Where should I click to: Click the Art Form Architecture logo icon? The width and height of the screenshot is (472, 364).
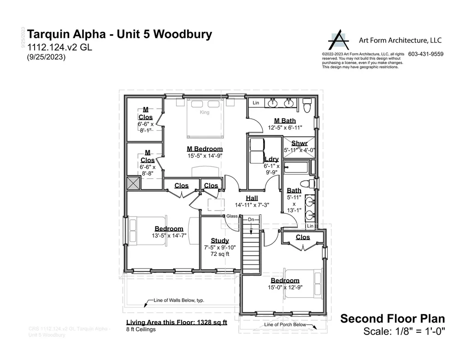[339, 41]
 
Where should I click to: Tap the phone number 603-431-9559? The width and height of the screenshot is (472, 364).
[426, 54]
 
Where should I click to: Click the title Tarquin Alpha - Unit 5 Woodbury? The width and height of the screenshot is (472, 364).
[120, 35]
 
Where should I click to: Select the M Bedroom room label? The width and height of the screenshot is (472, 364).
[205, 149]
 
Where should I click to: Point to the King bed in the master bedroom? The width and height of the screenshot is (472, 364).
[205, 117]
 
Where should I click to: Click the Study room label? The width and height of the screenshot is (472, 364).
[220, 241]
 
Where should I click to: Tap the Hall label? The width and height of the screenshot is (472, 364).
[252, 198]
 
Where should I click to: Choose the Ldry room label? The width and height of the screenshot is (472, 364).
[271, 159]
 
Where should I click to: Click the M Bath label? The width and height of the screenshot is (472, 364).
[285, 121]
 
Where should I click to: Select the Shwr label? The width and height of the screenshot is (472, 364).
[299, 143]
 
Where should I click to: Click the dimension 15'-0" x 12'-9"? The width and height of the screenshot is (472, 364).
[285, 288]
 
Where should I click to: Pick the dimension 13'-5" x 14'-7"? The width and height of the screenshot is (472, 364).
[169, 235]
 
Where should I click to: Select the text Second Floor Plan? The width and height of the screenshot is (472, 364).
[392, 318]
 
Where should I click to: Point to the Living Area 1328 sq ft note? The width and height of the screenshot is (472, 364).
[177, 323]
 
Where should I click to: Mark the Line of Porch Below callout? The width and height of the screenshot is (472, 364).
[285, 325]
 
